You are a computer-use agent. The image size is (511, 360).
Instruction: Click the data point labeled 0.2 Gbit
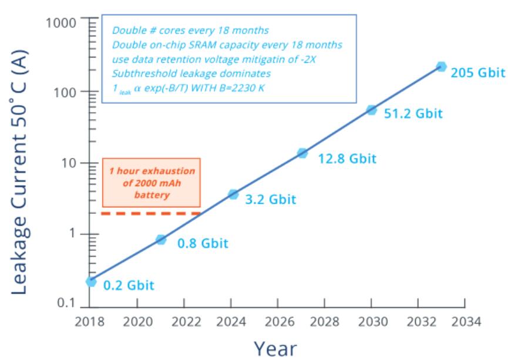90,281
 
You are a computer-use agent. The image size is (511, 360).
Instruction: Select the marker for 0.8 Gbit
161,239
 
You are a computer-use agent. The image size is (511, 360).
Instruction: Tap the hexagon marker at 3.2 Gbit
233,194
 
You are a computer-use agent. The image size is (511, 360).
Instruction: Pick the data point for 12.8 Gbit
302,153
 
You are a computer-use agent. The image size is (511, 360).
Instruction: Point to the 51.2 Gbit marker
371,110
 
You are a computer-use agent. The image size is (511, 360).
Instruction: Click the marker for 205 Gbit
441,66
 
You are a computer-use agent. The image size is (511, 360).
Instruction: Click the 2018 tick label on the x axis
90,322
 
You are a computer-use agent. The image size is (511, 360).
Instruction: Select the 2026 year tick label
277,322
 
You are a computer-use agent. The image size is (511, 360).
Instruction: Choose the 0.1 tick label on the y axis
69,304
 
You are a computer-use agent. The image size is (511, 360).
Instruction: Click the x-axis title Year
275,348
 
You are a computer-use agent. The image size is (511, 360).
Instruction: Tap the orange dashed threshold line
152,213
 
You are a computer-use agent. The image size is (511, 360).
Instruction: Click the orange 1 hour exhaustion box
152,181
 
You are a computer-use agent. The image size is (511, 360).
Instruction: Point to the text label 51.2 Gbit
413,113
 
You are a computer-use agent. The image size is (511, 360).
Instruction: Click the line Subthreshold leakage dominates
191,74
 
